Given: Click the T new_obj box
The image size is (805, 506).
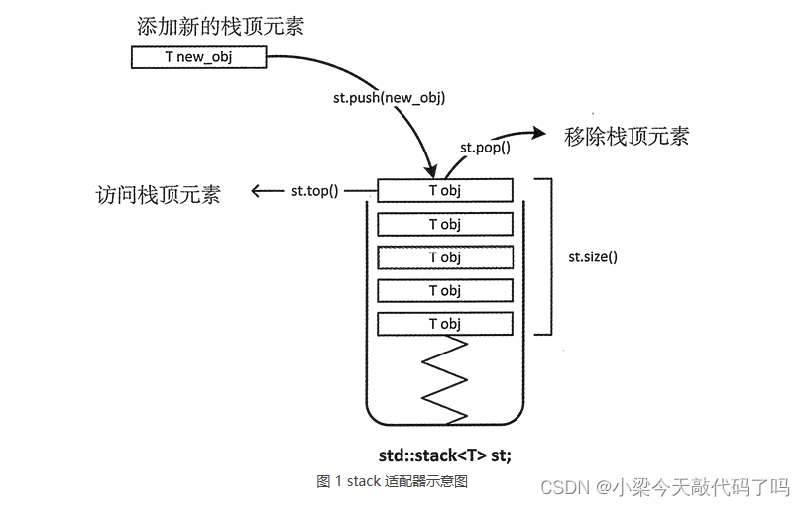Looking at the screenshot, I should coord(198,57).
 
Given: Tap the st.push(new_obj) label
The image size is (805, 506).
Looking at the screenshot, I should coord(389,97).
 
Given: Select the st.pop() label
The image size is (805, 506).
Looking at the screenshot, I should coord(485,148).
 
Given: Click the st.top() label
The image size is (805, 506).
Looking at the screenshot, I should coord(315,191).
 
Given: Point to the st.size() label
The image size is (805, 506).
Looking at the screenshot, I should coord(593,256).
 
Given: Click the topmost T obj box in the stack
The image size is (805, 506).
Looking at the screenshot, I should coord(445,190).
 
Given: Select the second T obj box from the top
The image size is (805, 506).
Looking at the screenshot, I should coord(445,224).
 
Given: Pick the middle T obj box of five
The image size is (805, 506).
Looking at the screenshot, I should coord(445,257).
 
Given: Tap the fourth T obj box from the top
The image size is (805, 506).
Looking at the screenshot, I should coord(445,290).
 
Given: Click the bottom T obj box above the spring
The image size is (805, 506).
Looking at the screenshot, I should coord(445,324).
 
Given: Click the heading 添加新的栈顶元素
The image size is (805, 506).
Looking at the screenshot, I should coord(220,27).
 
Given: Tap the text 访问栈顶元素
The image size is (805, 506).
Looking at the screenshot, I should coord(158,194).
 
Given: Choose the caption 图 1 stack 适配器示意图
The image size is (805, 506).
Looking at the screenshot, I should coord(392,481).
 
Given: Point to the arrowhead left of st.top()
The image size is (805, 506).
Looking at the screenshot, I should coord(258,191).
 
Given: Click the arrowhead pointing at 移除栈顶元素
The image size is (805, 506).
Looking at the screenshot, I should coord(540,132).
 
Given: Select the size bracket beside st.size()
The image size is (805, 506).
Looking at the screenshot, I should coord(545,256).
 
